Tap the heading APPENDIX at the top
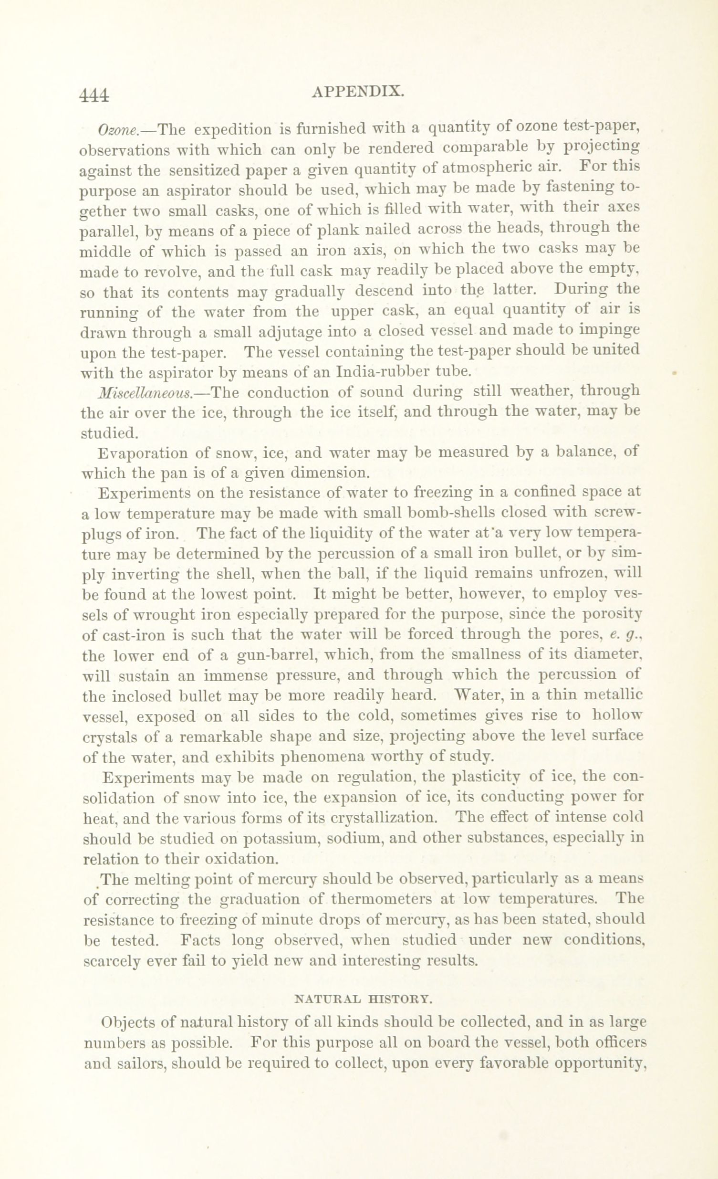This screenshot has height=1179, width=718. click(359, 91)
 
